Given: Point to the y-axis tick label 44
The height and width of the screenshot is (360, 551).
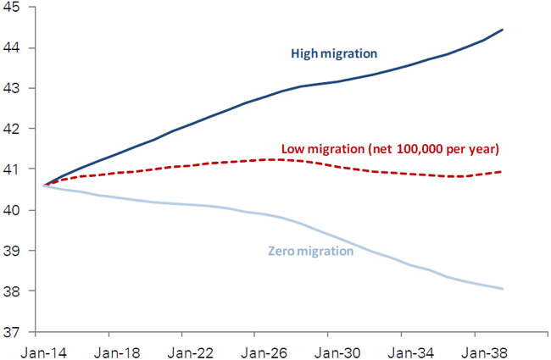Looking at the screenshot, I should (x=15, y=47).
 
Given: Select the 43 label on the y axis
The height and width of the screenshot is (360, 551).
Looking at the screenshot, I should (x=15, y=88).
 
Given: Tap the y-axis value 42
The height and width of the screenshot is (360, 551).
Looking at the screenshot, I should (x=15, y=129).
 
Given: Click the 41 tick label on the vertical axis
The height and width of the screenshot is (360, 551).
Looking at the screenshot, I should (x=15, y=169).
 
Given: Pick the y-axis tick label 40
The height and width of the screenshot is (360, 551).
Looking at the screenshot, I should (x=15, y=210).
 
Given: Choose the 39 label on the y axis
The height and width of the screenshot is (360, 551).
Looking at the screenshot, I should (x=15, y=251).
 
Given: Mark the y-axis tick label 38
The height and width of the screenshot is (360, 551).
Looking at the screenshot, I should (x=15, y=291).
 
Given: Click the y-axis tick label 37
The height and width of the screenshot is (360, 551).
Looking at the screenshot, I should (x=15, y=332).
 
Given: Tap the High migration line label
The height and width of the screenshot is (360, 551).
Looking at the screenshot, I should (x=334, y=54).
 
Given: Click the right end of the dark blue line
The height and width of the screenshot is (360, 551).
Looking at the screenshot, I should (x=503, y=30).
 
